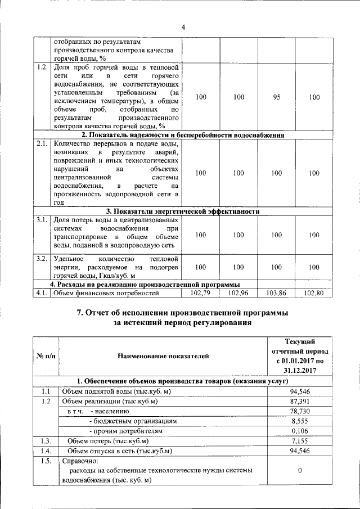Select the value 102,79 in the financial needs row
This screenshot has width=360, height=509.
pyautogui.click(x=200, y=293)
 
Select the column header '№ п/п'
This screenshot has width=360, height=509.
pyautogui.click(x=44, y=355)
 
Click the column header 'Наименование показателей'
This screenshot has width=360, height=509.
pyautogui.click(x=163, y=355)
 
